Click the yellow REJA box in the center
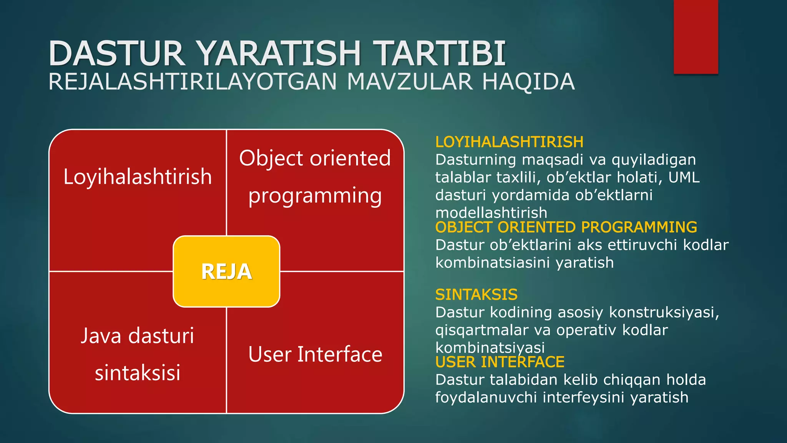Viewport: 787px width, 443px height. click(226, 271)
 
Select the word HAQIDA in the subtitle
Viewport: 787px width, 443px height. click(528, 82)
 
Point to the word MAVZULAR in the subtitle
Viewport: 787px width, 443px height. click(409, 82)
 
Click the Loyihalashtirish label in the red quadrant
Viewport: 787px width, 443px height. click(138, 177)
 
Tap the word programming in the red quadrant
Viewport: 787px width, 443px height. click(315, 196)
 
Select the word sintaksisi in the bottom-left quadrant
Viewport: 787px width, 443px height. click(138, 372)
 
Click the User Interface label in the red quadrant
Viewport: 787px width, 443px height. click(315, 354)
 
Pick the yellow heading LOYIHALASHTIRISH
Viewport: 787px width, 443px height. click(509, 142)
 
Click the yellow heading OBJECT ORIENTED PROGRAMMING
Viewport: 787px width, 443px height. click(566, 227)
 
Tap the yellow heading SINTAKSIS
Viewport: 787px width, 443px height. click(476, 295)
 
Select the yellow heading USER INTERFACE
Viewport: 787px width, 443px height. click(500, 362)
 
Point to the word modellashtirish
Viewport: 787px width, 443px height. click(491, 213)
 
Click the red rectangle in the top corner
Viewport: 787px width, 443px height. click(696, 37)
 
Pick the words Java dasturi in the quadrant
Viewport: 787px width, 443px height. click(138, 335)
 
